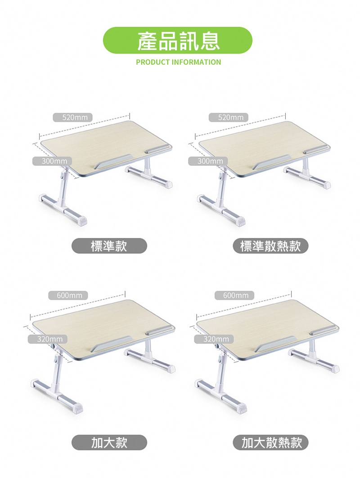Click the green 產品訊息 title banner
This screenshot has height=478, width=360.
coord(178,40)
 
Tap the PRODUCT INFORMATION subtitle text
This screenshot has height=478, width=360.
coord(179,62)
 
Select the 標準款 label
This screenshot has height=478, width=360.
coord(109,246)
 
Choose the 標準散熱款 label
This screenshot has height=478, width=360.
coord(270,246)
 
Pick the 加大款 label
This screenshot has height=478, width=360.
coord(109,442)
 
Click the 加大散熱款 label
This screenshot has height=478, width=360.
coord(270,442)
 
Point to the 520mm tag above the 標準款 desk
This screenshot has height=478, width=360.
coord(72,117)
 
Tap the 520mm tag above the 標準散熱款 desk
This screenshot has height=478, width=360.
coord(229,117)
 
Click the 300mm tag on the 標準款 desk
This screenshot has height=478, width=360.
coord(52,161)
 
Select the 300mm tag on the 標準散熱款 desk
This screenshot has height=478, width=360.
coord(208,161)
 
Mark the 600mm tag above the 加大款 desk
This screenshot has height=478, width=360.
coord(68,295)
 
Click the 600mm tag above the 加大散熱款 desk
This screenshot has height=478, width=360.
coord(234,295)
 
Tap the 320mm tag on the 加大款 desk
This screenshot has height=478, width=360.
coord(48,339)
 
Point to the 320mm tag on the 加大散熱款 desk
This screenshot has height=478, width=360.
coord(214,339)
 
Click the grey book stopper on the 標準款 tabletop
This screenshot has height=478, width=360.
coord(113,161)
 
